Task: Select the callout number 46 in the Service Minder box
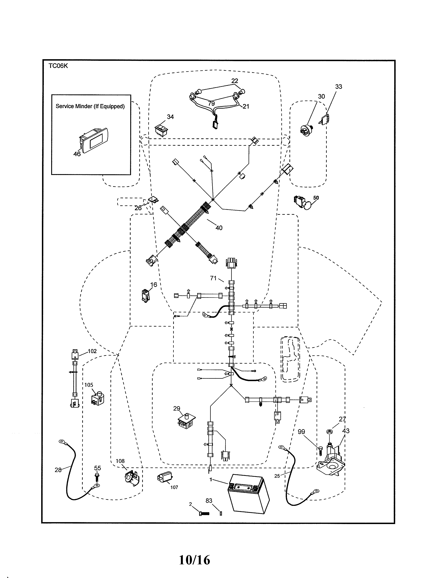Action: (77, 154)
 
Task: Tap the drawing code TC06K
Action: (58, 66)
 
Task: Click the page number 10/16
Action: (194, 560)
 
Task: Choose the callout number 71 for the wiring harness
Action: (213, 278)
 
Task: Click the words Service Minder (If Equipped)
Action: (90, 106)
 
